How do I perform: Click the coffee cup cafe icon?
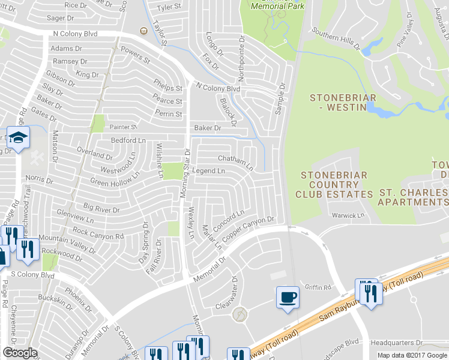tap(288, 297)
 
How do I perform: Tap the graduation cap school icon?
tap(18, 137)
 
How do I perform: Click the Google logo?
tap(20, 353)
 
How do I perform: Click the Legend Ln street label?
tap(208, 171)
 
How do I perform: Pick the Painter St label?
tap(124, 127)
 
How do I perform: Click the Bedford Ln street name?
tap(129, 140)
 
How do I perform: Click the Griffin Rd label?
tap(318, 287)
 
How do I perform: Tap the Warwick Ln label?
tap(348, 215)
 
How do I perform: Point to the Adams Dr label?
tap(66, 49)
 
